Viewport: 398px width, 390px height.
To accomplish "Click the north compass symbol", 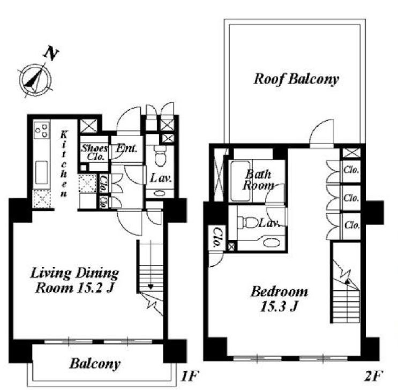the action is tap(36, 79).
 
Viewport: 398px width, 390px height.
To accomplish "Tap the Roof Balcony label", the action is tap(296, 79).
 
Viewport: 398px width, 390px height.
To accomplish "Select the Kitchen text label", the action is tap(64, 164).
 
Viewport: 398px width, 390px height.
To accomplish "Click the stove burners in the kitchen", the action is tap(42, 130).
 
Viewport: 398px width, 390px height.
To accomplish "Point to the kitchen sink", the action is tap(41, 172).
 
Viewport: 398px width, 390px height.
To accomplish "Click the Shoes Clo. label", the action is tap(94, 152).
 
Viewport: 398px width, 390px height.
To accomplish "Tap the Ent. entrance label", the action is tap(126, 148).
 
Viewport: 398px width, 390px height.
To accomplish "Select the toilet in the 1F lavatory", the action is tap(160, 155).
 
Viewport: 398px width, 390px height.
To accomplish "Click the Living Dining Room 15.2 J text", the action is tap(74, 280).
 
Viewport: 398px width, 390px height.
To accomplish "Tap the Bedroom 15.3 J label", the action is tap(279, 299).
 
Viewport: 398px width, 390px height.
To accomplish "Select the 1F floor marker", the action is tap(189, 376).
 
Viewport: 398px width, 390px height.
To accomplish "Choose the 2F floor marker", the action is tap(373, 376).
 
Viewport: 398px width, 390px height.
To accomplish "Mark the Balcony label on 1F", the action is tap(95, 364).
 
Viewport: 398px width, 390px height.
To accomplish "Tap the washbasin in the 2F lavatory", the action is tap(271, 242).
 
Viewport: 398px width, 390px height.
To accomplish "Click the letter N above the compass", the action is tap(51, 54).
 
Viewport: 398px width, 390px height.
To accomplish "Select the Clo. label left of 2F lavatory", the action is tap(216, 238).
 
